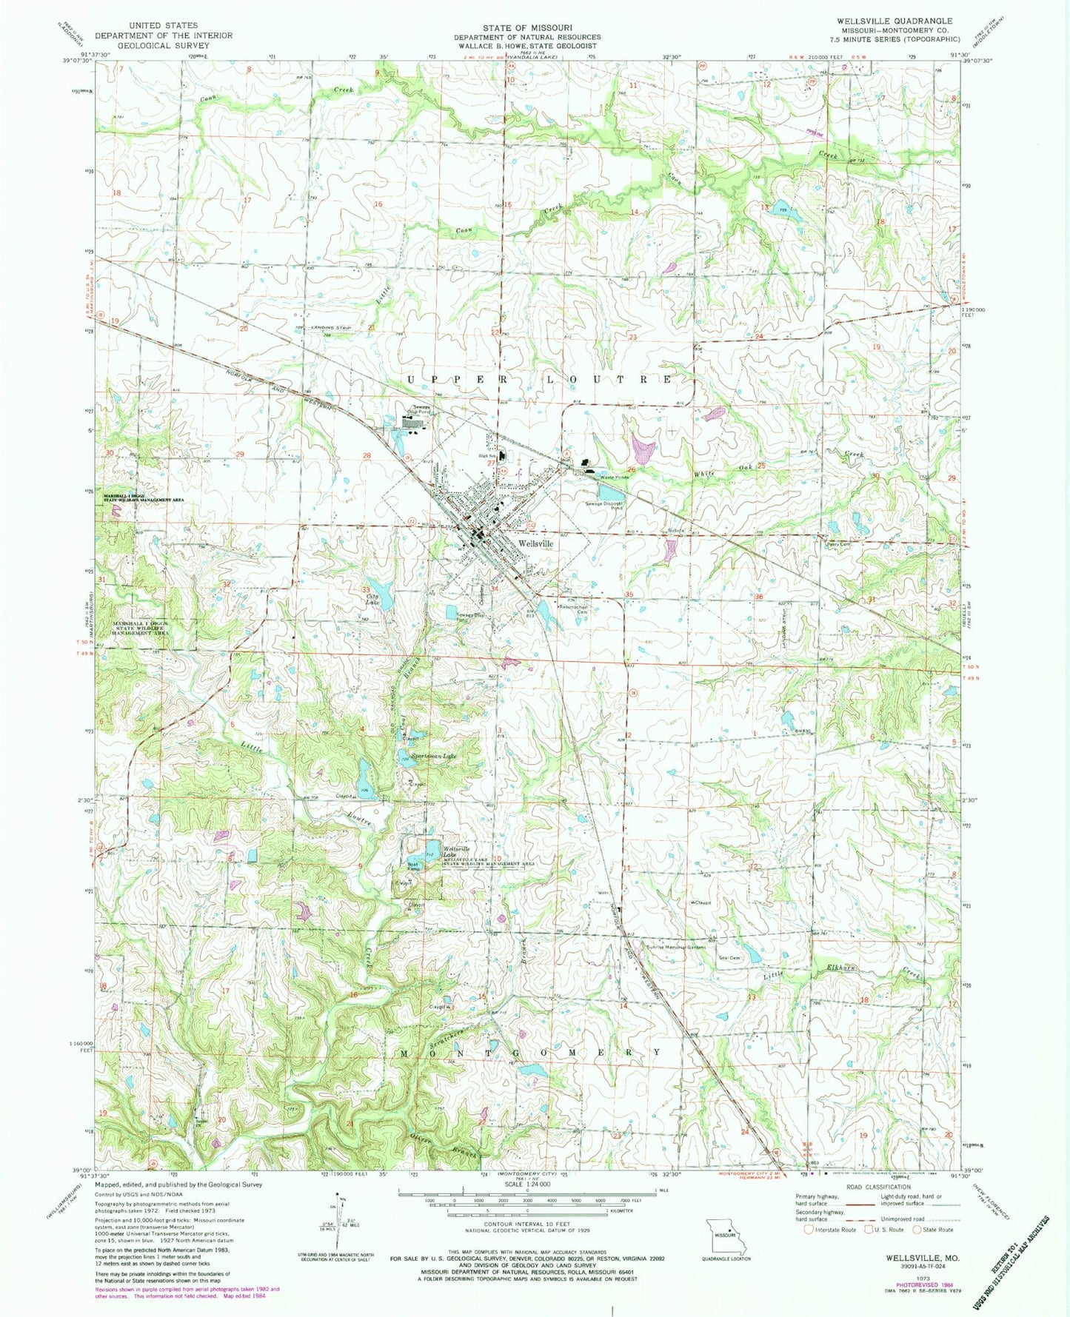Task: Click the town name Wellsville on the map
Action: tap(536, 542)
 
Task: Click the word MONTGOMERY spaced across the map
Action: tap(530, 1052)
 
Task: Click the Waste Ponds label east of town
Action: tap(613, 477)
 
